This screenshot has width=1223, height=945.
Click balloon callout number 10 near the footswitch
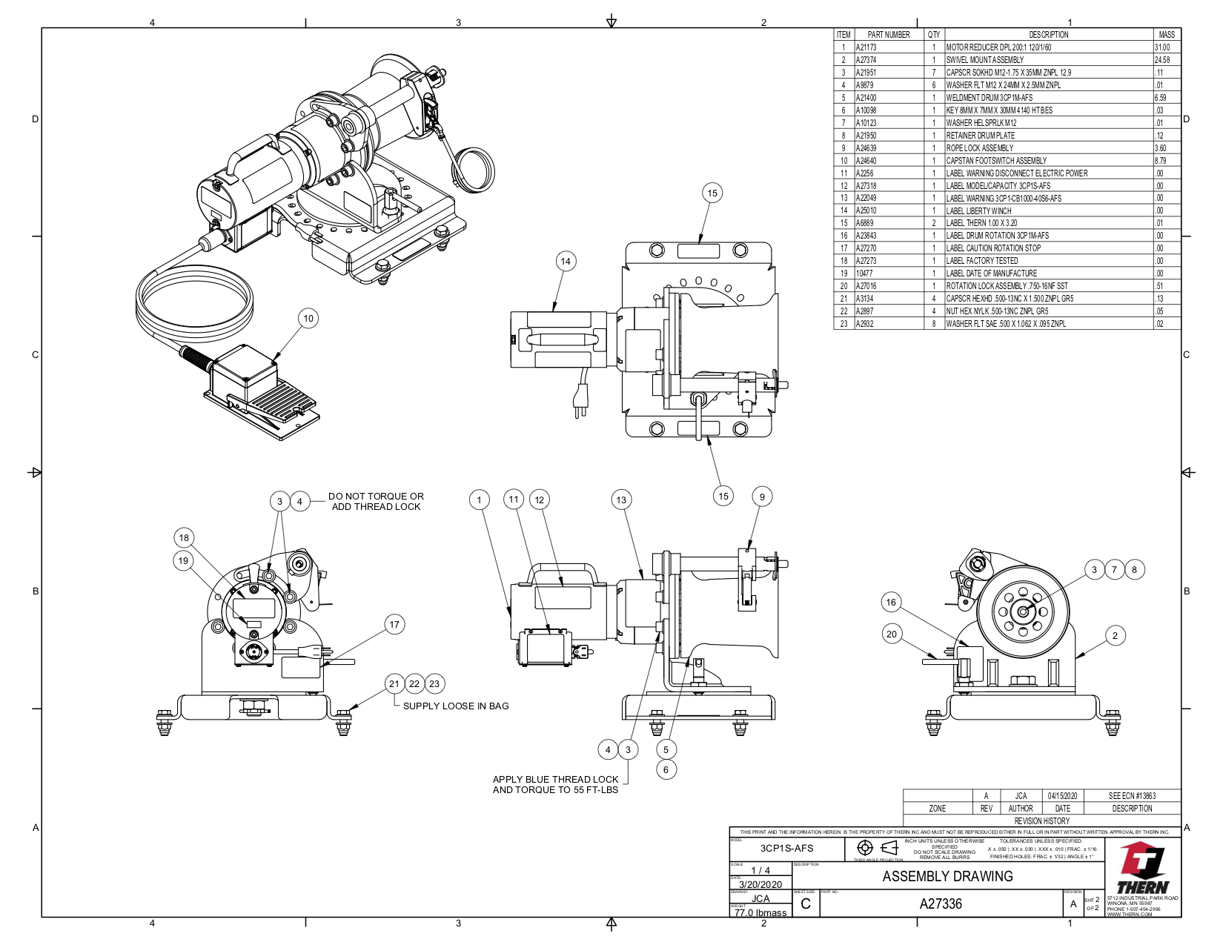(x=308, y=319)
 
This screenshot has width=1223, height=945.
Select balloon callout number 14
(x=566, y=261)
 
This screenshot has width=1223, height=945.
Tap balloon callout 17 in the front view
(x=394, y=624)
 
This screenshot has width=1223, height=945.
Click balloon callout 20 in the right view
(x=892, y=634)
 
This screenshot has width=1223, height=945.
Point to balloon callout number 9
(x=762, y=497)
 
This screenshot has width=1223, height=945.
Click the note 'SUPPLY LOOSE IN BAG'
(x=456, y=706)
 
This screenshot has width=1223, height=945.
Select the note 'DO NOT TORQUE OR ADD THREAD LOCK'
(x=376, y=502)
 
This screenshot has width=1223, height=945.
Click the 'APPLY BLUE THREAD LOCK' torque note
(x=555, y=784)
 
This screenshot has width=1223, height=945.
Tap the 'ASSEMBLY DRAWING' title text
(x=947, y=876)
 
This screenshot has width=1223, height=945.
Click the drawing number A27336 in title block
(x=941, y=903)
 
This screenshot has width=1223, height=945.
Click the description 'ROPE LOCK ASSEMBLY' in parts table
(x=979, y=148)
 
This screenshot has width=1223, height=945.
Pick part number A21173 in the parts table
(x=866, y=47)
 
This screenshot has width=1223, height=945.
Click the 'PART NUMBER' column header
(x=888, y=35)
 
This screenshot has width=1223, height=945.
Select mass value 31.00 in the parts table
(x=1162, y=47)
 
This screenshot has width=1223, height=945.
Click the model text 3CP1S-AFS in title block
(x=786, y=848)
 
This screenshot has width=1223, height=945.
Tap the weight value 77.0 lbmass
(x=760, y=912)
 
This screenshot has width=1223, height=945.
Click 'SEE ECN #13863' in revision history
(x=1131, y=796)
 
